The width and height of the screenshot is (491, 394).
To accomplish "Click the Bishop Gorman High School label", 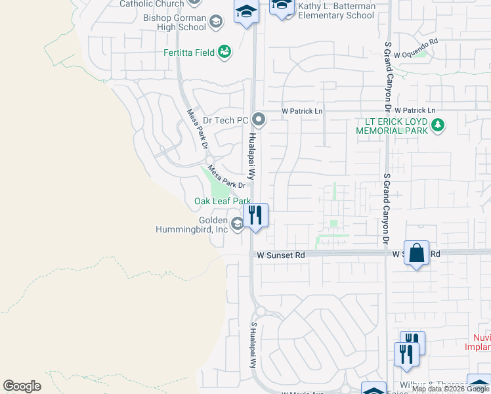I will tap(175, 22).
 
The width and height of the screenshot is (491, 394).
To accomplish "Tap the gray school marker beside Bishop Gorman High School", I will tap(216, 23).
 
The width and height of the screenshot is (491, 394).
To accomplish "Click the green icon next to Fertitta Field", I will tap(224, 52).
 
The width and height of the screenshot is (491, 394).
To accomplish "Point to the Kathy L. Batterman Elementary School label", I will tap(337, 11).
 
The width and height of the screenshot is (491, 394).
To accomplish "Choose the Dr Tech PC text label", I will tap(225, 120).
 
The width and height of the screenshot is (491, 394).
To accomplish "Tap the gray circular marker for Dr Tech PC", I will tap(259, 120).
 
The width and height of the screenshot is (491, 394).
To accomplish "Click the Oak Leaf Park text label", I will tap(222, 201).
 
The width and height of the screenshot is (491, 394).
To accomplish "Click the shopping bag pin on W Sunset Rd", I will tap(417, 253).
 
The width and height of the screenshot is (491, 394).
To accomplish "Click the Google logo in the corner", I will tap(22, 386).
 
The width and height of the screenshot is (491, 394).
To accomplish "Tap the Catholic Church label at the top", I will tap(152, 4).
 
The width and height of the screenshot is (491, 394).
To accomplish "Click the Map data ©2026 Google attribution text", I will tap(450, 389).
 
